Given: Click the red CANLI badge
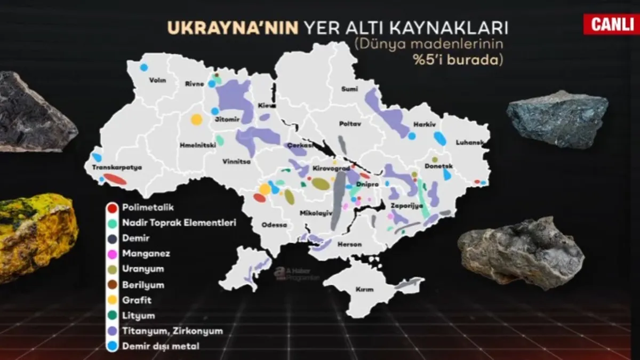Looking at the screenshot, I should (x=611, y=24).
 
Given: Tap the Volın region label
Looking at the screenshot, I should (x=158, y=81).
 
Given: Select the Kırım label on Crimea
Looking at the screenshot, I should (x=365, y=289).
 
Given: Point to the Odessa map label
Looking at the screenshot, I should (x=274, y=225).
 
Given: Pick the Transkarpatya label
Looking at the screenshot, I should (x=117, y=167).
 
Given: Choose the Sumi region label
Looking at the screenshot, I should (x=350, y=89).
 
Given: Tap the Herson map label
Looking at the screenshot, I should (x=350, y=244).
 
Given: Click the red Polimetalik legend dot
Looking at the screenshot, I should (x=112, y=206).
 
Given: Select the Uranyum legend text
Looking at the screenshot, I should (x=143, y=269).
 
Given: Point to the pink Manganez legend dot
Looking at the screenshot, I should (x=112, y=253).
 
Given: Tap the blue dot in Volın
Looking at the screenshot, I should (x=143, y=68).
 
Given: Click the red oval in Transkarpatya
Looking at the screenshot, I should (x=115, y=179).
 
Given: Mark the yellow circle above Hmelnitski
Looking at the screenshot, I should (x=197, y=119).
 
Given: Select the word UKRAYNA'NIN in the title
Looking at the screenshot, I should (x=233, y=28).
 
